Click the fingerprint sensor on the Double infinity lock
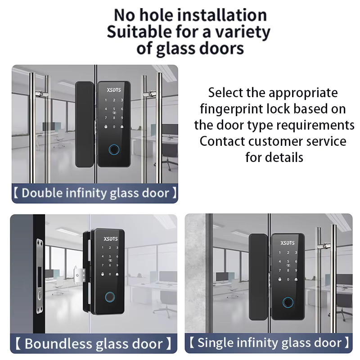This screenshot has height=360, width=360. tap(114, 150)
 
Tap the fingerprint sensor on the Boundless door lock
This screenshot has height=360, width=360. tap(110, 297)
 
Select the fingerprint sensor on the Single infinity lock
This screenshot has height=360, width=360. tap(288, 302)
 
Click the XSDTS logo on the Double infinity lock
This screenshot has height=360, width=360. tap(114, 90)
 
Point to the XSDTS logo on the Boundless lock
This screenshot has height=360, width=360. tap(111, 239)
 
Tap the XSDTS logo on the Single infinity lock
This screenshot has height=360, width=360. tap(288, 243)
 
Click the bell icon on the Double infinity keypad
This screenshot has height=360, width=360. tap(122, 126)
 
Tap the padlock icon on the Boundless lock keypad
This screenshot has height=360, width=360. tap(103, 274)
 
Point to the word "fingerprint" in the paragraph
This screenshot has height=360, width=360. tap(231, 109)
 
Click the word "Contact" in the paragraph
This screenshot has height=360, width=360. tap(222, 141)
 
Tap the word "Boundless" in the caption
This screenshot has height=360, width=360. tap(58, 344)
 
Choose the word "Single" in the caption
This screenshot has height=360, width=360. tap(215, 343)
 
